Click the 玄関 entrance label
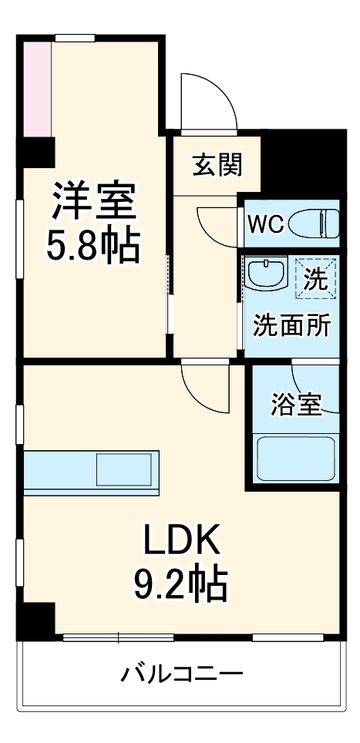[x=217, y=164]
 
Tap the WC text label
[x=266, y=224]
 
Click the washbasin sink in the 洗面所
[x=266, y=274]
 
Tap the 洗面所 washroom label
[x=292, y=325]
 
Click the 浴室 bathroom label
[x=295, y=404]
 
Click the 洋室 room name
[x=94, y=202]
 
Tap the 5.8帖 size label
[x=94, y=246]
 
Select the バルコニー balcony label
[x=182, y=676]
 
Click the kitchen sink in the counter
[x=123, y=469]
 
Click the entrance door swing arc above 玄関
[x=207, y=104]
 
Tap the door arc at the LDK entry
[x=204, y=385]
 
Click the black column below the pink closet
[x=37, y=151]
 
